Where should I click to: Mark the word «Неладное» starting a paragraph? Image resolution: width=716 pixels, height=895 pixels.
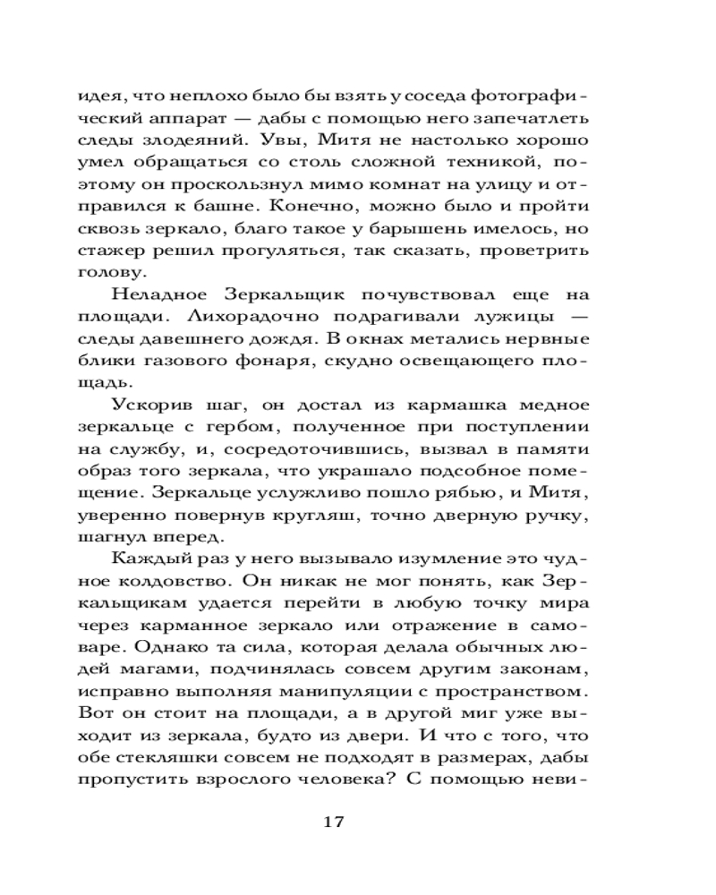pos(159,294)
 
